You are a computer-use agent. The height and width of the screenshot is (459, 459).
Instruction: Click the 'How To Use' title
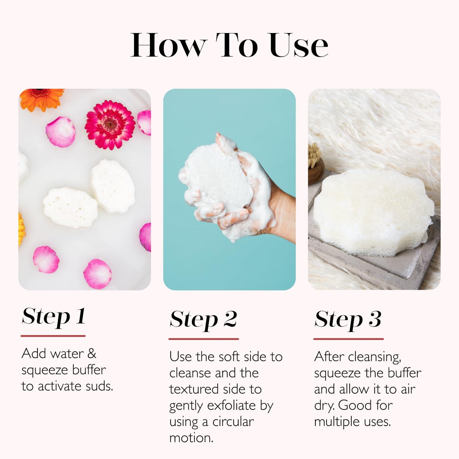(x=229, y=45)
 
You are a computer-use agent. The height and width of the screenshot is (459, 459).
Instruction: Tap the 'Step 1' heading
(x=53, y=317)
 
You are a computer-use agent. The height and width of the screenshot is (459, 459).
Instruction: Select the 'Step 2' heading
(x=203, y=320)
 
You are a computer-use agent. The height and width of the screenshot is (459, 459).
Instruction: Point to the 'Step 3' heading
(x=348, y=320)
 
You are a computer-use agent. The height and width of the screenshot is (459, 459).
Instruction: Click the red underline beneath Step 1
(x=53, y=336)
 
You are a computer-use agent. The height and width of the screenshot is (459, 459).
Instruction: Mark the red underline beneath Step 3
(x=348, y=339)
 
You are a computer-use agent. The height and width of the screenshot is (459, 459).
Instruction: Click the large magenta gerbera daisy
(x=110, y=124)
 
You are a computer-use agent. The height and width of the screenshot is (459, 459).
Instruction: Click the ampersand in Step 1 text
(x=91, y=354)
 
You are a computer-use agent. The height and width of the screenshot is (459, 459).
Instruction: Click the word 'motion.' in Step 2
(x=191, y=438)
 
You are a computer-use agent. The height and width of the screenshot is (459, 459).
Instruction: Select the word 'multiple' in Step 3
(x=337, y=422)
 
